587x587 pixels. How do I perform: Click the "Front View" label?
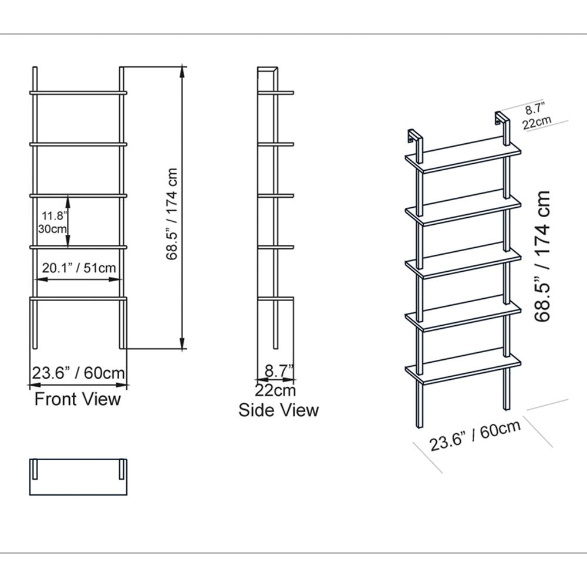77,399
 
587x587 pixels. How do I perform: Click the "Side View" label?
278,410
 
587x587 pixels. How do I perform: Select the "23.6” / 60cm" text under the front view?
79,373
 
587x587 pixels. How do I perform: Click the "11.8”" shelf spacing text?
53,215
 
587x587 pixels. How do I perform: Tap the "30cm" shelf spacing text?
52,229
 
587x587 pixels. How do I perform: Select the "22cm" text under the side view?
275,390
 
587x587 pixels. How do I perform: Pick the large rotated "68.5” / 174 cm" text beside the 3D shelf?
542,257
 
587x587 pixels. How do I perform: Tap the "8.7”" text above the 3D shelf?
535,109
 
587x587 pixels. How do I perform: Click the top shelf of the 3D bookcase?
464,157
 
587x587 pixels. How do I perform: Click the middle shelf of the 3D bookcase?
464,262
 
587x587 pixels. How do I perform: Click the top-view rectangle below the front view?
79,476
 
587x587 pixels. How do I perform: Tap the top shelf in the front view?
79,92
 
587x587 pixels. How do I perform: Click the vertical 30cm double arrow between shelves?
69,221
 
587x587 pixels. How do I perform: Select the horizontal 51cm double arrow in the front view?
79,280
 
